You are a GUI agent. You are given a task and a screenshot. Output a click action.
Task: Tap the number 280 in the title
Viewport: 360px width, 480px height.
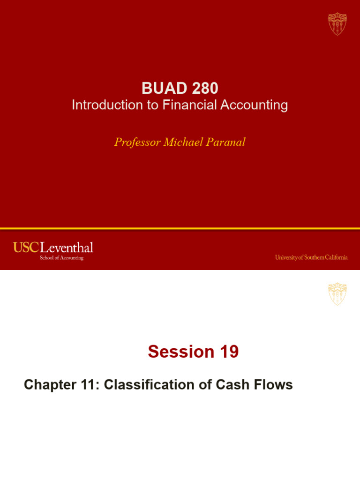(x=200, y=88)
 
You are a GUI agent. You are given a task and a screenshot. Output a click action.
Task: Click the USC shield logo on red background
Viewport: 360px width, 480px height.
(x=337, y=23)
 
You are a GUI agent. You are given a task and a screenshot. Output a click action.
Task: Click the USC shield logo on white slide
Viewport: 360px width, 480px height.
(x=337, y=294)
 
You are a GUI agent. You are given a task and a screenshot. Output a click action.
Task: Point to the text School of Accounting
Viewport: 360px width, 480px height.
(x=61, y=258)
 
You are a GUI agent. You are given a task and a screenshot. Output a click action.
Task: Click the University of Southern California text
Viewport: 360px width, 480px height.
(x=311, y=257)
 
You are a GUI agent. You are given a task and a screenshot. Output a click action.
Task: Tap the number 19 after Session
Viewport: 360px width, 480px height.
(x=228, y=352)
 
